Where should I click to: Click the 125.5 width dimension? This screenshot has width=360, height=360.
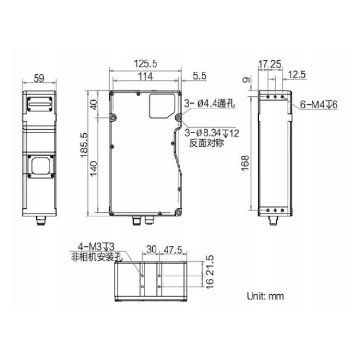[x=145, y=63]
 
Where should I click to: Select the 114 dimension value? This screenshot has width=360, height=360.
[x=145, y=76]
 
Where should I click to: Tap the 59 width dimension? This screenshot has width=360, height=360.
[x=39, y=79]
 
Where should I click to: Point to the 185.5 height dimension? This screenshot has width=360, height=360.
[x=84, y=145]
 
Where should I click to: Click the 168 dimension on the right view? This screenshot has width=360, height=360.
[x=245, y=163]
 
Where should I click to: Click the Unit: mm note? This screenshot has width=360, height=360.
[x=265, y=296]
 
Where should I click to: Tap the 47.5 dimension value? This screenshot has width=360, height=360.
[x=173, y=250]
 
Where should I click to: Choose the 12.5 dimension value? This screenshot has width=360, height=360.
[x=297, y=75]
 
